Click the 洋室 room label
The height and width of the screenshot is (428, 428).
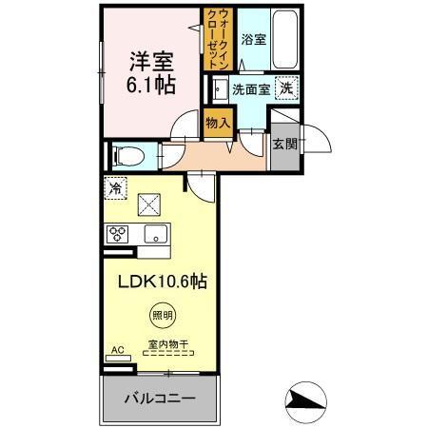pyautogui.click(x=151, y=61)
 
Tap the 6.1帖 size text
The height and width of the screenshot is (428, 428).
pyautogui.click(x=151, y=85)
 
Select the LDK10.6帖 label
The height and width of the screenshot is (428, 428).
pyautogui.click(x=163, y=282)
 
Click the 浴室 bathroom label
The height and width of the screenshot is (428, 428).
pyautogui.click(x=254, y=40)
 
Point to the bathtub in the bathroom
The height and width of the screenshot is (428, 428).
pyautogui.click(x=285, y=40)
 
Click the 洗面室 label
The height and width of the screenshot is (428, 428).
pyautogui.click(x=251, y=90)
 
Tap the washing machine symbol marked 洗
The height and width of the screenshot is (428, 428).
pyautogui.click(x=286, y=88)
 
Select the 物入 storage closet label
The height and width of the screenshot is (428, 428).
pyautogui.click(x=218, y=123)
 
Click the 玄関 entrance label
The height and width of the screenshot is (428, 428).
pyautogui.click(x=285, y=145)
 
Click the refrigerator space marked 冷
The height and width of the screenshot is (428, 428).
pyautogui.click(x=115, y=188)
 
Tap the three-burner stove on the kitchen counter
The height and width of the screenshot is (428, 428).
pyautogui.click(x=117, y=234)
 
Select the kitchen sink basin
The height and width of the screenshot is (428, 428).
pyautogui.click(x=156, y=234)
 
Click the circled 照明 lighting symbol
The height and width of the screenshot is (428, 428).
pyautogui.click(x=163, y=315)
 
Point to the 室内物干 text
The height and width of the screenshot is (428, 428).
pyautogui.click(x=168, y=344)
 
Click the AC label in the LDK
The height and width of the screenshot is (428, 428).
pyautogui.click(x=118, y=350)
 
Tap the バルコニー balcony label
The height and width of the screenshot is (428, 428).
pyautogui.click(x=160, y=399)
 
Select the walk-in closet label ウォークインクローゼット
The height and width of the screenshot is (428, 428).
pyautogui.click(x=219, y=39)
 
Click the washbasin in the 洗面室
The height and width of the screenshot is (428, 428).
pyautogui.click(x=220, y=89)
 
